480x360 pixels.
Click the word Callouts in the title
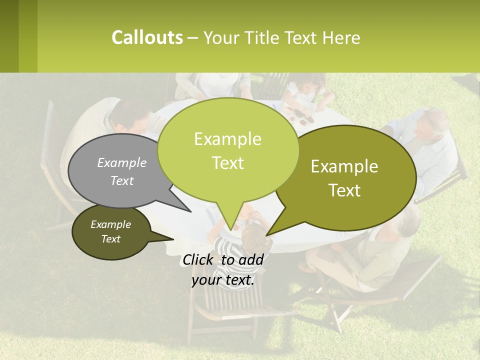point(147,37)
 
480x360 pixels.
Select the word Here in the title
point(340,38)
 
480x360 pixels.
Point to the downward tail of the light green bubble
point(229,220)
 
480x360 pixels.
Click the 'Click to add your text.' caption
point(223,270)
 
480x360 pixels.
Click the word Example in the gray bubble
point(122,162)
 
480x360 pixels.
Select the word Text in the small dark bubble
point(110,239)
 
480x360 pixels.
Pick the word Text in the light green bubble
point(227,163)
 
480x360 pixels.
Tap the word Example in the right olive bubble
point(344,166)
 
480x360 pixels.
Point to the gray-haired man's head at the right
point(432,125)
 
